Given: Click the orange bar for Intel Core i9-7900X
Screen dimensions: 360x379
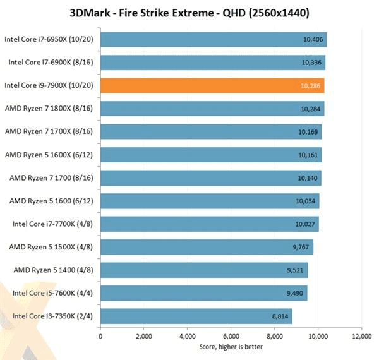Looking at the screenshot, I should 212,85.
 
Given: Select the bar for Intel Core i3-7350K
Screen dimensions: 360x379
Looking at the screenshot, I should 196,316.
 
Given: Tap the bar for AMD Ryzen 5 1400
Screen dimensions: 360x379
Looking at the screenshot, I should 204,270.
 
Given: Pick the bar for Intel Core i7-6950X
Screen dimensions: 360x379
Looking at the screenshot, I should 214,39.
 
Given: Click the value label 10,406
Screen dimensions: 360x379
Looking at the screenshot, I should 313,39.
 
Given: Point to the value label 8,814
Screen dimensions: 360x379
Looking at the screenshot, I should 279,316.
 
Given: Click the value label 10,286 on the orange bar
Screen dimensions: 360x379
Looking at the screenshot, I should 310,85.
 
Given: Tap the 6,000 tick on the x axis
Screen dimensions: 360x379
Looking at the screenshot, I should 231,337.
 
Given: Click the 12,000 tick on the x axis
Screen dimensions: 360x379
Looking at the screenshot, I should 361,337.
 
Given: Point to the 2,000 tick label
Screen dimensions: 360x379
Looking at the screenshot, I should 144,337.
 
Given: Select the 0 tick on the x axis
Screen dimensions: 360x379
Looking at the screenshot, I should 100,337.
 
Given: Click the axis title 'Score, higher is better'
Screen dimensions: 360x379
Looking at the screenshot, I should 231,347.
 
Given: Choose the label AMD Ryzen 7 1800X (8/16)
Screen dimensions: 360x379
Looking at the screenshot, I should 49,109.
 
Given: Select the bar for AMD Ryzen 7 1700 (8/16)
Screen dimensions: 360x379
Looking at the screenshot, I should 211,177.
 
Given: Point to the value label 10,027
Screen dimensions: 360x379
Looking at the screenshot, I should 305,224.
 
